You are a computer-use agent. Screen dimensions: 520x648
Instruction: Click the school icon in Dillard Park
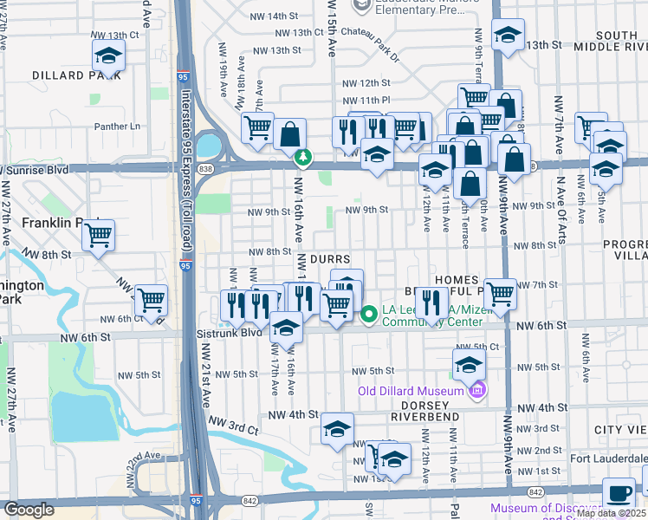tap(108, 56)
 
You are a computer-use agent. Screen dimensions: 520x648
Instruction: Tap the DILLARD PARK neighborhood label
tap(72, 75)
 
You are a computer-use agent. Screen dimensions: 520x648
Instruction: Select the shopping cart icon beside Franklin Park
tap(99, 235)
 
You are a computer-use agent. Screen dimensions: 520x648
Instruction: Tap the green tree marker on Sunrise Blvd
tap(303, 158)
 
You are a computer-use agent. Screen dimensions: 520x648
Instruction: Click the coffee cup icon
tap(619, 493)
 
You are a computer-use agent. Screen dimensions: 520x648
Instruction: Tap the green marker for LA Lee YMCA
tap(368, 315)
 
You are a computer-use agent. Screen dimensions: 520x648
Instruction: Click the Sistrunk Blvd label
tap(237, 332)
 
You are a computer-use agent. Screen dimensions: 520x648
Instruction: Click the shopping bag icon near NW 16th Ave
tap(290, 134)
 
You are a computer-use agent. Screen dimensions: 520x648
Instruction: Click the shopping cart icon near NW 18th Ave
tap(257, 128)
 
